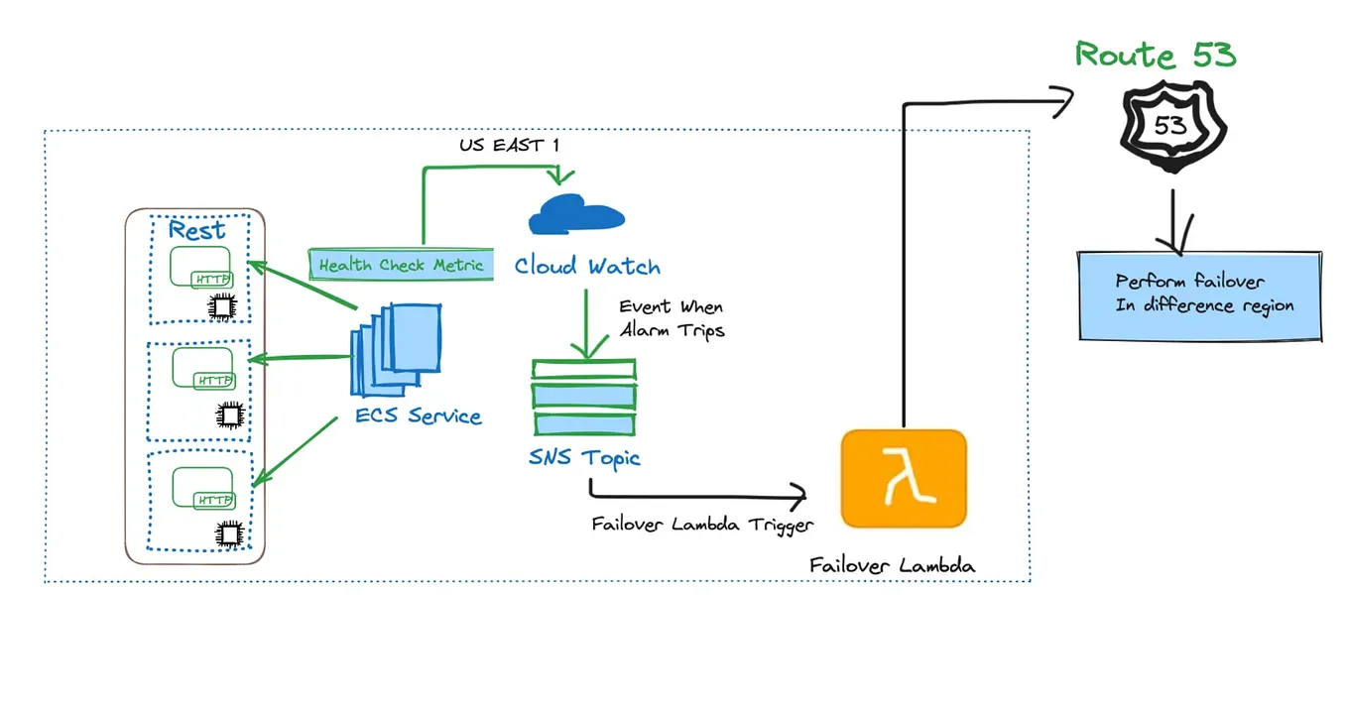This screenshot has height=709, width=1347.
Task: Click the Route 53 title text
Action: coord(1156,55)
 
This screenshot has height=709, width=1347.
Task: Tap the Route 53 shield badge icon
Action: coord(1171,125)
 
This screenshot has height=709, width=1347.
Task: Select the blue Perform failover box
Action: coord(1200,295)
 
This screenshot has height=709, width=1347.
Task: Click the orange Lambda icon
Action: coord(903,478)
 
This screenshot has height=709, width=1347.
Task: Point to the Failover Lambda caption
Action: coord(892,566)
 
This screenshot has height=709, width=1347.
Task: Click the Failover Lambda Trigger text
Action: coord(702,525)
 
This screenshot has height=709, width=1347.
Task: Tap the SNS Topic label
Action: coord(584,457)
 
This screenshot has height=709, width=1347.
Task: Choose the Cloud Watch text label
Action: coord(587,266)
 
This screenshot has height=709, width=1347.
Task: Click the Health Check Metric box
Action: coord(401,265)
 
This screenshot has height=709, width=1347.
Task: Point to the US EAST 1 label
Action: coord(509,146)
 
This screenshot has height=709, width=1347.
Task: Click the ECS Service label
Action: coord(419,416)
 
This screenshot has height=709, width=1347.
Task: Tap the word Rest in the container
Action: coord(196,230)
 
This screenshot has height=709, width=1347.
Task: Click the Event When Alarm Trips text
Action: coord(672,318)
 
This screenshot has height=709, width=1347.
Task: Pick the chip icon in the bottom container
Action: coord(230,534)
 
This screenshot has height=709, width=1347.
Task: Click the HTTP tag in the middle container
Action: coord(215,381)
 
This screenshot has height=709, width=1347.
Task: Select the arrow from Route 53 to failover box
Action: coord(1173,223)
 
